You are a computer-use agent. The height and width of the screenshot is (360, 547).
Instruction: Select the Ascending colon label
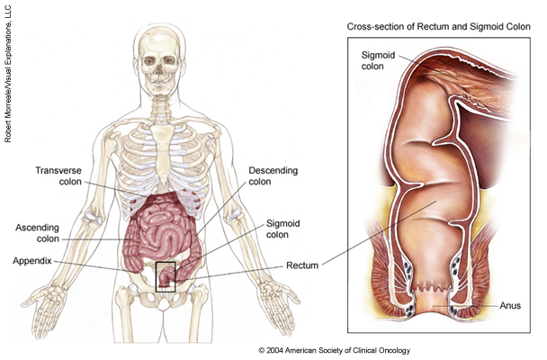[x=39, y=234]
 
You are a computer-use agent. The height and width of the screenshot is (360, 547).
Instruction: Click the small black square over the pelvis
[x=166, y=276]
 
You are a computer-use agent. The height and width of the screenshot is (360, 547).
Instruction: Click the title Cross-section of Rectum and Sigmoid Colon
[x=438, y=27]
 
